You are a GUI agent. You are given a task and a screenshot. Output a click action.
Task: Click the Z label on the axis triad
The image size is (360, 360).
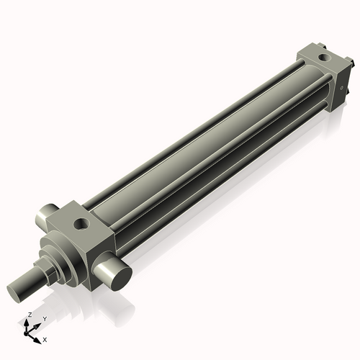(29, 315)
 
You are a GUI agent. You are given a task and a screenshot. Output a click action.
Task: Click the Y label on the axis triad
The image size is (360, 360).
(44, 318)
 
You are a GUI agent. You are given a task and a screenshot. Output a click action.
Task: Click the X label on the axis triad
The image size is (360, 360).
(45, 338)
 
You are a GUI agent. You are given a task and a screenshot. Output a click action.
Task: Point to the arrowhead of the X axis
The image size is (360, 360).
(39, 338)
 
